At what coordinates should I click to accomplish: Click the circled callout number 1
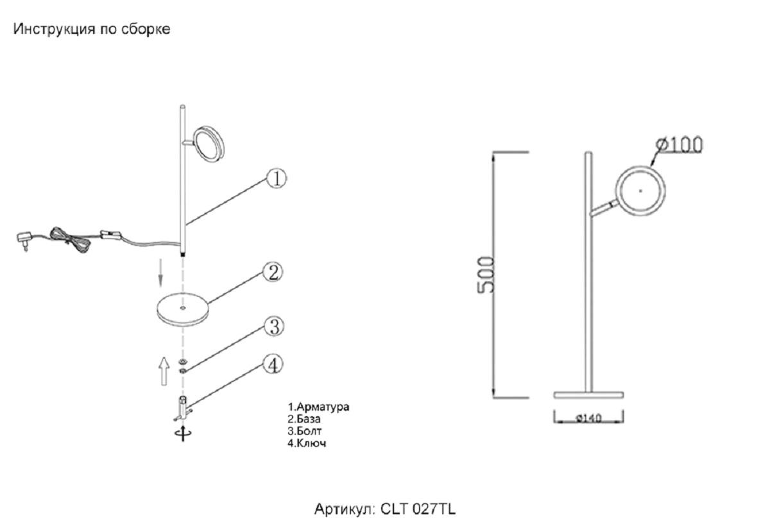pyautogui.click(x=276, y=178)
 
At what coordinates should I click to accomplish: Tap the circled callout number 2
pyautogui.click(x=273, y=273)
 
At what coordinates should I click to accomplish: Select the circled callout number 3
pyautogui.click(x=274, y=327)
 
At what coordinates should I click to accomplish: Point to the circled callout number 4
pyautogui.click(x=273, y=366)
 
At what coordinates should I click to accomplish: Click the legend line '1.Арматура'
pyautogui.click(x=319, y=407)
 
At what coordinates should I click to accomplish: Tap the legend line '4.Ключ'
pyautogui.click(x=307, y=443)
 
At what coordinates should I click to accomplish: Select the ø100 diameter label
pyautogui.click(x=679, y=145)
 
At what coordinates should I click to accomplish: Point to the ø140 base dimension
pyautogui.click(x=588, y=419)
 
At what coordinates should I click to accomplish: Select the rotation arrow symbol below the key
pyautogui.click(x=183, y=434)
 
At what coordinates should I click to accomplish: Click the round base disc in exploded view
pyautogui.click(x=183, y=310)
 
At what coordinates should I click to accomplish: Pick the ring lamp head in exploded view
pyautogui.click(x=209, y=145)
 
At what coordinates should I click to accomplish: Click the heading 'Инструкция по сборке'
pyautogui.click(x=92, y=29)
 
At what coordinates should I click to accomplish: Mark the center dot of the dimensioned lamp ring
pyautogui.click(x=640, y=190)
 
